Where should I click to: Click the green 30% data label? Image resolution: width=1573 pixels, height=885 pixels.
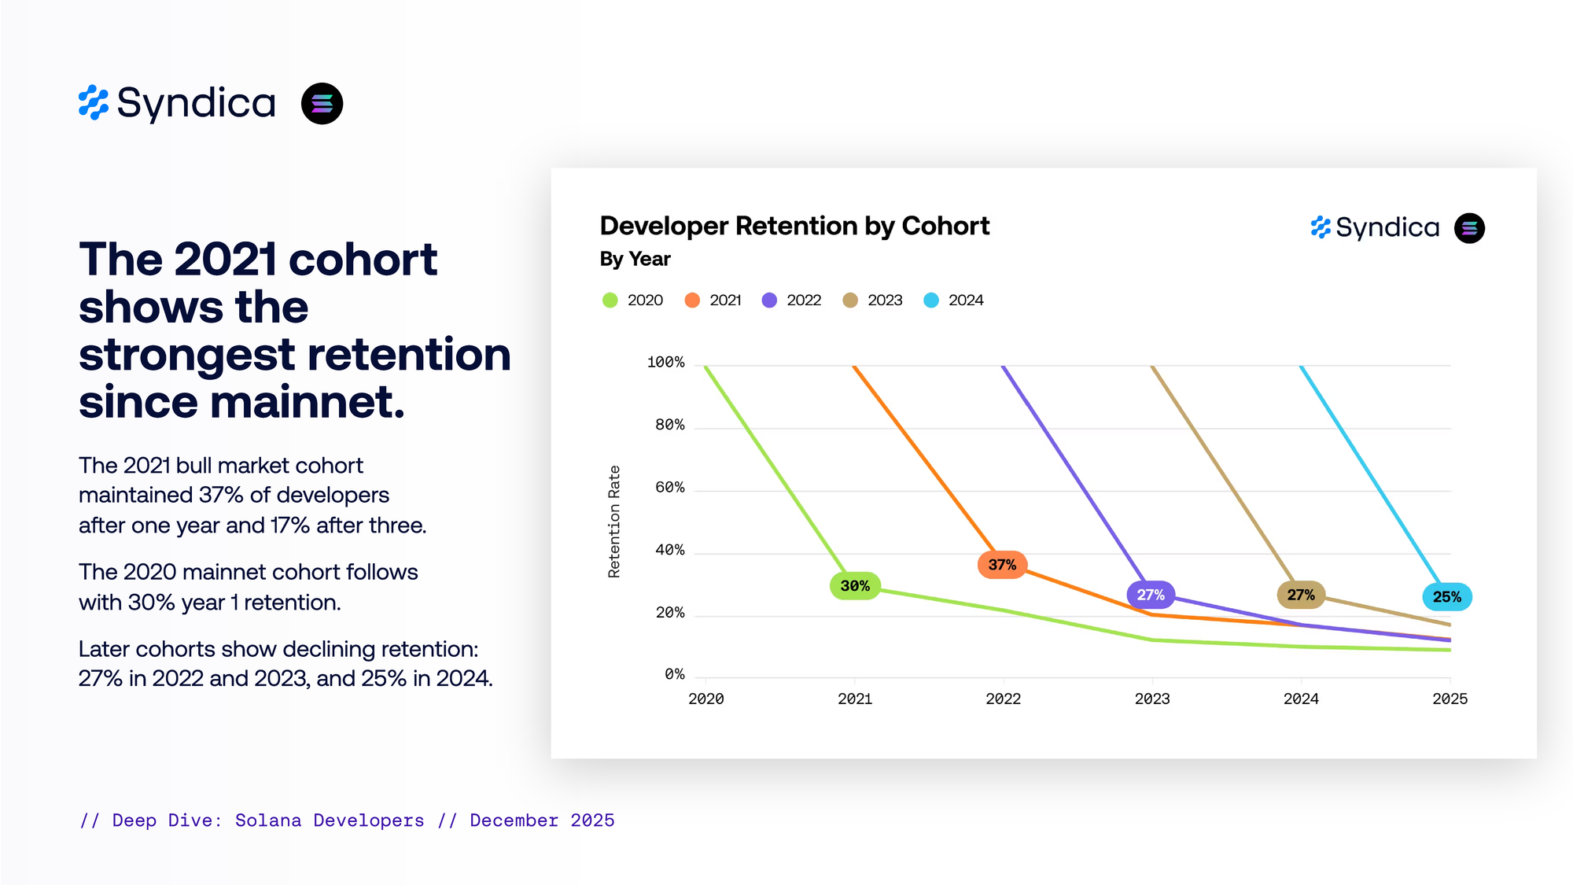(x=855, y=586)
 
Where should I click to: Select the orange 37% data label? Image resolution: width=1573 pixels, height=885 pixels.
(x=1002, y=565)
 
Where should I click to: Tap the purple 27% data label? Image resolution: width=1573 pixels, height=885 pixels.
(x=1151, y=595)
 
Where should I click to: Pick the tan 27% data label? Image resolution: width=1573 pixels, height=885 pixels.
(x=1301, y=595)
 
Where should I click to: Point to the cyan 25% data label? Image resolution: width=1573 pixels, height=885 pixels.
(x=1447, y=597)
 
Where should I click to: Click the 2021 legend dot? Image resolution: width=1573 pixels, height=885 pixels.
(x=692, y=301)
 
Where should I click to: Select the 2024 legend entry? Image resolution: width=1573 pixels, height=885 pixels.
(x=954, y=301)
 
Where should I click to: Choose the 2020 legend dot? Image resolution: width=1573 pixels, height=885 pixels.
(x=610, y=301)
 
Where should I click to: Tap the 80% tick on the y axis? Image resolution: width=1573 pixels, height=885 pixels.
(x=670, y=426)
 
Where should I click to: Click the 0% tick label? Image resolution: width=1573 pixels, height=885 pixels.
(x=675, y=675)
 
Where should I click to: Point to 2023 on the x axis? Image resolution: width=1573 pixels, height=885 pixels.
(x=1152, y=699)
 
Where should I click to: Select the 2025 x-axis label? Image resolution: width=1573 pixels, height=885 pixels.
(x=1450, y=699)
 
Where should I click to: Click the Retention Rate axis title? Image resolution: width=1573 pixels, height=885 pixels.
(x=614, y=522)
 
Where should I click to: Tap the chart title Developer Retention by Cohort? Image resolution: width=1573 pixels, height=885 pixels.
(x=794, y=226)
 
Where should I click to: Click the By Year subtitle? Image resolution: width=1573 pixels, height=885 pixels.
(x=635, y=259)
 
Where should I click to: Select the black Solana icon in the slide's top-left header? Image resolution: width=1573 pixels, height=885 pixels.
(x=322, y=104)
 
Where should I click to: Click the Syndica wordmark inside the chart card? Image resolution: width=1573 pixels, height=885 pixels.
(x=1387, y=228)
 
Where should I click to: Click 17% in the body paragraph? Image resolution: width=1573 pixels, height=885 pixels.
(x=289, y=525)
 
